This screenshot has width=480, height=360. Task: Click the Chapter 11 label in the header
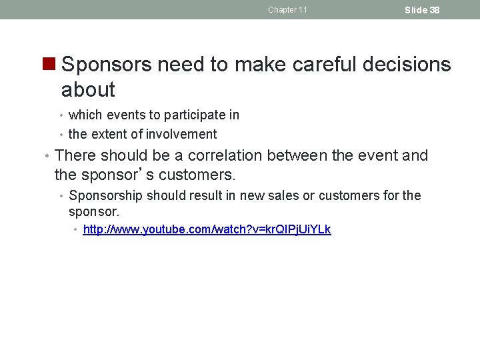click(x=287, y=10)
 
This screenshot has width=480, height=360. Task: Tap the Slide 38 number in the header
click(x=422, y=10)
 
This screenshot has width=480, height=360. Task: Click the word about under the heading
click(x=88, y=89)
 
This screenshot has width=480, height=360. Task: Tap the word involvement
click(x=183, y=134)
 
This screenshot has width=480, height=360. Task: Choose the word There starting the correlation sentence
click(x=74, y=156)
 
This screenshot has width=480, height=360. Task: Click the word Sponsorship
click(x=105, y=195)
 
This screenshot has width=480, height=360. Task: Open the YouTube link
click(x=207, y=230)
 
